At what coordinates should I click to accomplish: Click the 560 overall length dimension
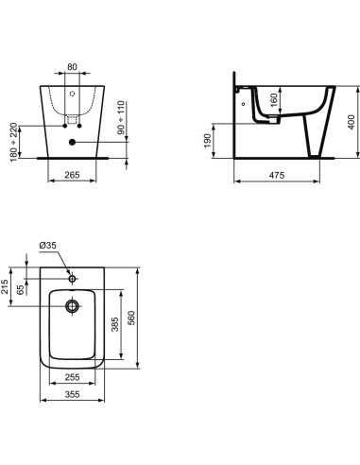[144, 317]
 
